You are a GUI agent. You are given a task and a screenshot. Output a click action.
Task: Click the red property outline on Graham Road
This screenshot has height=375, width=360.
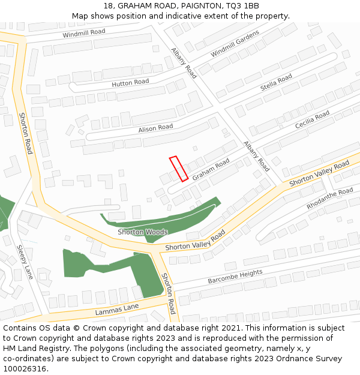coord(179,169)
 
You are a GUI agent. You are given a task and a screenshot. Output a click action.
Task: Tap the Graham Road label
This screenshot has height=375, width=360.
coord(211,168)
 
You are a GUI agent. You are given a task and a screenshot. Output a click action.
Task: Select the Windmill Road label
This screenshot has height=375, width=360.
coord(84,33)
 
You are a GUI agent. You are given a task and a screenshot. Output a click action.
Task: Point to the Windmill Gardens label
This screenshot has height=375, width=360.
coord(235,44)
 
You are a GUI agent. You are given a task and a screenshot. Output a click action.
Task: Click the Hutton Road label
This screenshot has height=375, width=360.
coord(130,83)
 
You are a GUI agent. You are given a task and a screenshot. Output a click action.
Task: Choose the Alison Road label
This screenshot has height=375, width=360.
coord(155,128)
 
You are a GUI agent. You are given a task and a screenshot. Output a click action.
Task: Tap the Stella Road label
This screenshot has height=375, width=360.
coord(277,82)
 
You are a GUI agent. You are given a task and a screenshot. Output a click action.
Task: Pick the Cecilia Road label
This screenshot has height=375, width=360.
coord(312,119)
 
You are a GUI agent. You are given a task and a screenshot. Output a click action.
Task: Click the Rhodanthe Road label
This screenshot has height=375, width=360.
coord(330,199)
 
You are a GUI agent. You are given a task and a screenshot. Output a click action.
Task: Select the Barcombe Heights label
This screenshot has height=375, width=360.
coord(235,277)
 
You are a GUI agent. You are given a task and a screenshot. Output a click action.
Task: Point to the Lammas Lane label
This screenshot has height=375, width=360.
coord(116,310)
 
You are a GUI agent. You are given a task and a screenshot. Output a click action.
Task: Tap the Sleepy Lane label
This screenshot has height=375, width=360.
coord(25,262)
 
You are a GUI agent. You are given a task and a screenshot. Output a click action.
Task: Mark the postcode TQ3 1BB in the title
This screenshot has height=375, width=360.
coord(244,5)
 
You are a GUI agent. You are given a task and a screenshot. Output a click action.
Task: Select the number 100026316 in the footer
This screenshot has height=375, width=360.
coord(25,368)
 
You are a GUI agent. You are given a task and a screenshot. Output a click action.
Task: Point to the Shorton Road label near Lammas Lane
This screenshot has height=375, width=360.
coord(168,293)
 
